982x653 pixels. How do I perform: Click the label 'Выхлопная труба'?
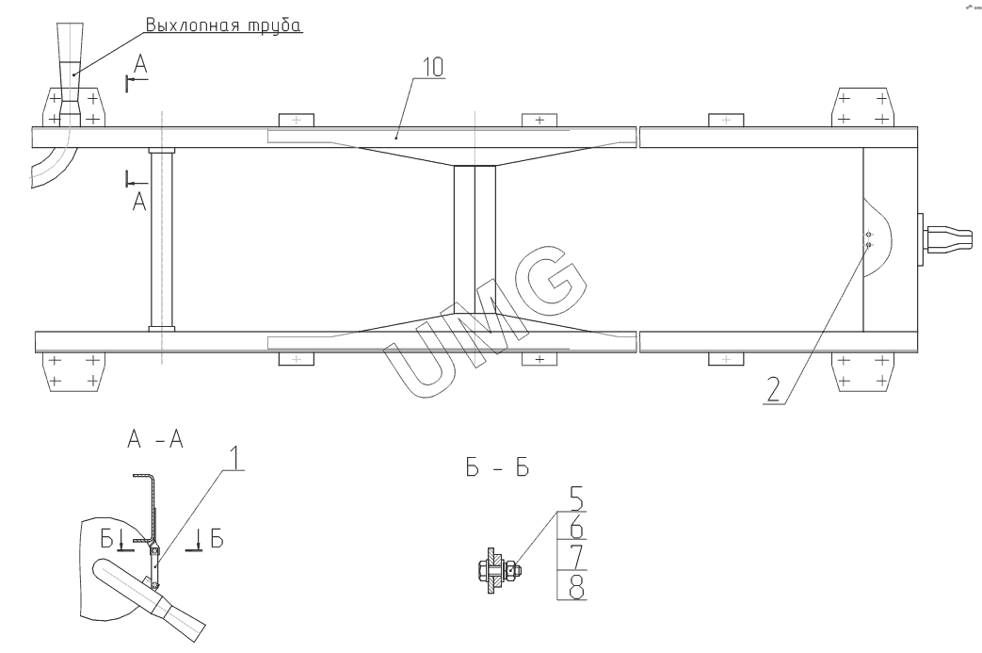[223, 24]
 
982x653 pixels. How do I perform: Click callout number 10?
[433, 67]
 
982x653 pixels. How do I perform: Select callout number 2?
[774, 389]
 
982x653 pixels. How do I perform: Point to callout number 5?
[576, 498]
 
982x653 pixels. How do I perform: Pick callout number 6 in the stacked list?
[576, 527]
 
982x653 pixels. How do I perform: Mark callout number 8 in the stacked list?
[576, 587]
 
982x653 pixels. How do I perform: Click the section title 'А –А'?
[155, 439]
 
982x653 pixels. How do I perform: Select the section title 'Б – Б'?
[497, 467]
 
